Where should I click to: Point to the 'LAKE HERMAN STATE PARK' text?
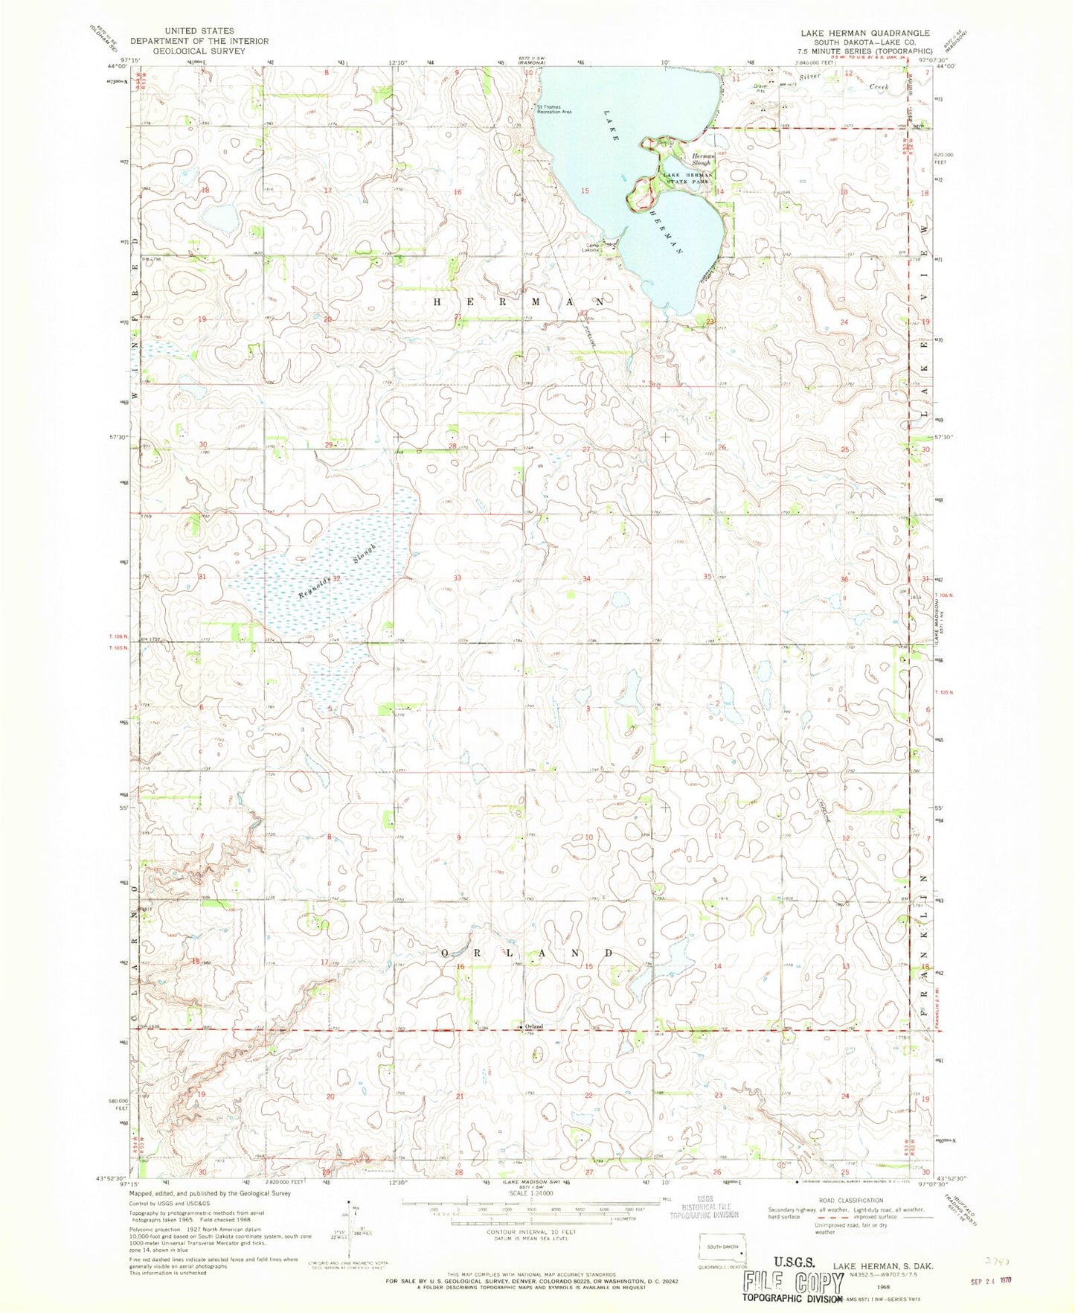point(688,178)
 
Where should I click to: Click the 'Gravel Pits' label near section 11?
point(760,89)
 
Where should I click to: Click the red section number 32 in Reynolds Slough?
point(336,578)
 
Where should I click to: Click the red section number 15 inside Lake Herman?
point(585,191)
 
